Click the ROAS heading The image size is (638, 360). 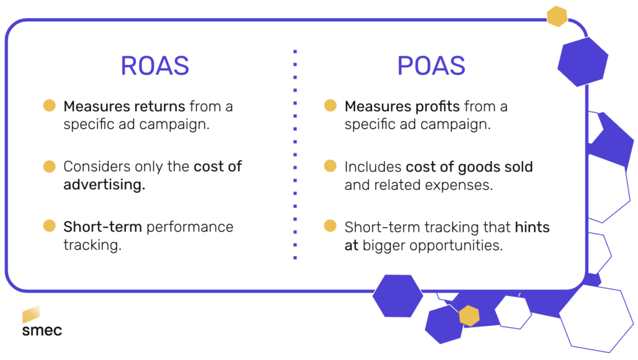pos(155,66)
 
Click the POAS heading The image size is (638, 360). pos(431,66)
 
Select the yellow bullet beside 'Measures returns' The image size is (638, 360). pos(49,106)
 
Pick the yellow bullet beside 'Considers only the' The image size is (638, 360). pos(49,166)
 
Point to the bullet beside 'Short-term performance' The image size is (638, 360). pos(49,226)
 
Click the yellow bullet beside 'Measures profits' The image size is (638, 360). pos(331,106)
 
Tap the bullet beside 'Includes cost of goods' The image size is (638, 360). pos(331,166)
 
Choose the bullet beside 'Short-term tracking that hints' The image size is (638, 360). pos(331,226)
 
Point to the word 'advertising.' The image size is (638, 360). pos(104,185)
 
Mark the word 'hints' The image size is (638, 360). pos(532,227)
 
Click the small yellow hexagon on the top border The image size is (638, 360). pos(556,16)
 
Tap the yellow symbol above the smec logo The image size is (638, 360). pos(32,315)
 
